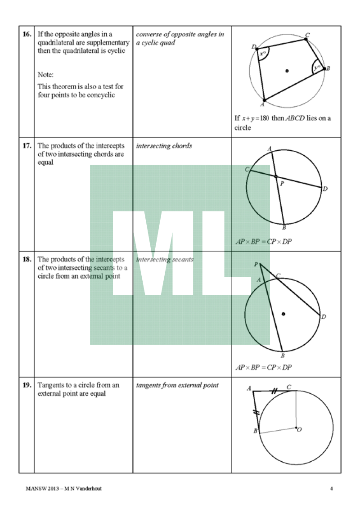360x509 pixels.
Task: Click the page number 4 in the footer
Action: tap(332, 489)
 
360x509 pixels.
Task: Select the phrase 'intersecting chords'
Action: tap(164, 146)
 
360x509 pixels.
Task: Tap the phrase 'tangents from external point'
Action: tap(177, 385)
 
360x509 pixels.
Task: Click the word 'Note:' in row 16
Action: tap(45, 75)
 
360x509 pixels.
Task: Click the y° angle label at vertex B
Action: tap(317, 68)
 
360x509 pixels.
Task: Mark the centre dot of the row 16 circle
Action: tap(287, 70)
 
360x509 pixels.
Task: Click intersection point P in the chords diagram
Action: tap(276, 176)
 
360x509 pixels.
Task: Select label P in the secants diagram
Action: tap(256, 264)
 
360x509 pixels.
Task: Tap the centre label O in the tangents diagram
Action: tap(299, 430)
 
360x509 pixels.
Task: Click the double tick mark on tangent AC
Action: tap(274, 392)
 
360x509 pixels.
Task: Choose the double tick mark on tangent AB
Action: tap(256, 412)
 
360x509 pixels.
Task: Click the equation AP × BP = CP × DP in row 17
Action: tap(264, 242)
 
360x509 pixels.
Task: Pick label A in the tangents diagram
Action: tap(248, 388)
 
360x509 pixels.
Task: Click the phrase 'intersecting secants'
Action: tap(165, 260)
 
